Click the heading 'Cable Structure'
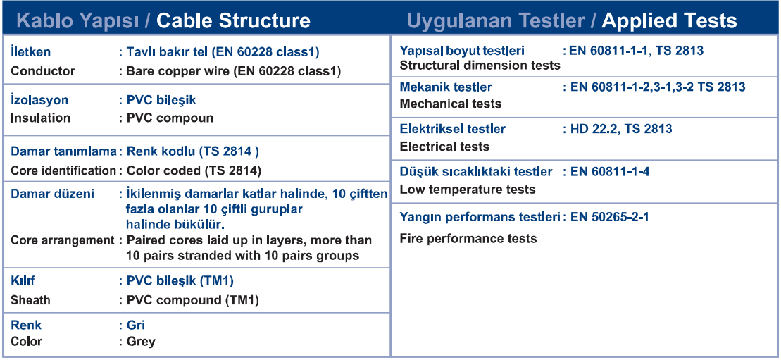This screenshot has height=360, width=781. (x=233, y=21)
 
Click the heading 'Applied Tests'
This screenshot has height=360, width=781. (x=669, y=21)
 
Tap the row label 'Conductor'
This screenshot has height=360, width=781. (x=43, y=71)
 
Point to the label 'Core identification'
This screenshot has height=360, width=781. (x=63, y=170)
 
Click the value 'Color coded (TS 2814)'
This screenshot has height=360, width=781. (x=194, y=170)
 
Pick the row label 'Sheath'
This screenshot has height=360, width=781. (x=30, y=300)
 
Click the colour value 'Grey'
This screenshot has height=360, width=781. (x=141, y=342)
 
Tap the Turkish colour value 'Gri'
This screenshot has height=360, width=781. (x=136, y=325)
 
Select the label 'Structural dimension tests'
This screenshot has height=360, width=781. (x=480, y=66)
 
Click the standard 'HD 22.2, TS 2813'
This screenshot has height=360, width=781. (x=621, y=129)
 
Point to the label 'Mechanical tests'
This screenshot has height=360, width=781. (x=451, y=104)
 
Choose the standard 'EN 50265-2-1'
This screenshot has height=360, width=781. (x=610, y=218)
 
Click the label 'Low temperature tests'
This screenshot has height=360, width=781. (x=468, y=190)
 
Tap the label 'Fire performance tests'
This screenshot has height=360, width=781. (x=468, y=238)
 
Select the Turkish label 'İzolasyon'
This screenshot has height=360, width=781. (x=39, y=100)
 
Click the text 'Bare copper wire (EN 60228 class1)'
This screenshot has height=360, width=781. (x=234, y=71)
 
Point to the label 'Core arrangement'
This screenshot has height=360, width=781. (x=63, y=240)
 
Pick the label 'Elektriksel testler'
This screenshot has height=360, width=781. (x=453, y=129)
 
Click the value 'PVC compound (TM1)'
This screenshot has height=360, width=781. (x=193, y=300)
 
